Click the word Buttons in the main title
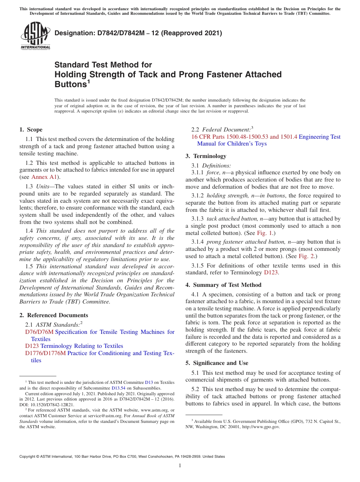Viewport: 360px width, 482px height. pyautogui.click(x=71, y=85)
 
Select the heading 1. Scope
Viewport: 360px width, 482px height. pyautogui.click(x=31, y=130)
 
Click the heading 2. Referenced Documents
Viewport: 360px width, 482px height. pyautogui.click(x=54, y=315)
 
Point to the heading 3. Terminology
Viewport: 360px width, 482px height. pyautogui.click(x=206, y=156)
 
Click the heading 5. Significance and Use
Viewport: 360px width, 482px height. pyautogui.click(x=217, y=363)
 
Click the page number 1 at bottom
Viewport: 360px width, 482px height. pyautogui.click(x=180, y=466)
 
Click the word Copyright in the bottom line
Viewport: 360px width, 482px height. pyautogui.click(x=29, y=457)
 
